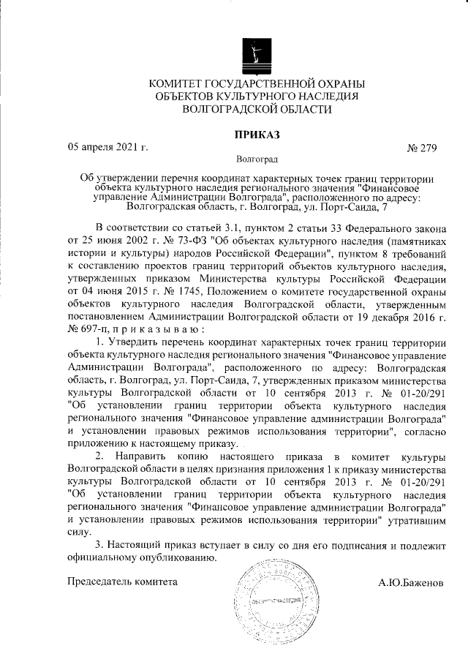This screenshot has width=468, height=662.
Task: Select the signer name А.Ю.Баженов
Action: click(410, 584)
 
